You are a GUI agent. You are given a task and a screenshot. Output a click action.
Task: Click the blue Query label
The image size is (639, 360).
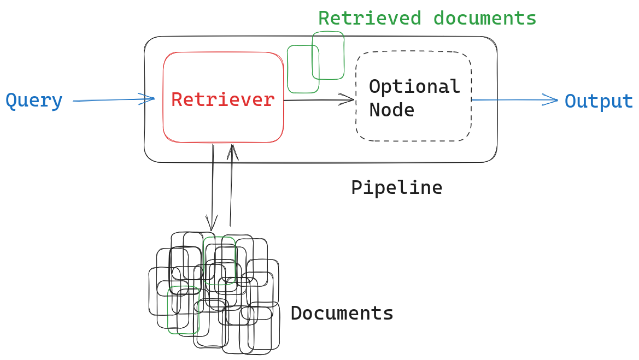[x=34, y=101]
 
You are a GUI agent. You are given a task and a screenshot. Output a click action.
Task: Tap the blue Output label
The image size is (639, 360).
[x=599, y=102]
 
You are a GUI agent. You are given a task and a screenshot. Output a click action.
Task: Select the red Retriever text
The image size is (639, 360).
[x=223, y=99]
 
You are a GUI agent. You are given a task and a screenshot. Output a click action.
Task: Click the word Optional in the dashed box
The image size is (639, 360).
[x=414, y=86]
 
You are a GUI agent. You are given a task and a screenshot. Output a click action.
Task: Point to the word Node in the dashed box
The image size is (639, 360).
[x=391, y=110]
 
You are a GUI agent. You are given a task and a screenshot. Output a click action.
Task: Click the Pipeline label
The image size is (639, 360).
[x=396, y=188]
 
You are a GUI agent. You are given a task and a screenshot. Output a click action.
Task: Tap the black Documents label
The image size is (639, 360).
[x=342, y=314]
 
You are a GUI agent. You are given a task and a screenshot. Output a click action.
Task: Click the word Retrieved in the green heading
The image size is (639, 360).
[x=370, y=19]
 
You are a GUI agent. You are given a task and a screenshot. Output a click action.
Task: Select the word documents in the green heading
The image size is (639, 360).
[x=485, y=19]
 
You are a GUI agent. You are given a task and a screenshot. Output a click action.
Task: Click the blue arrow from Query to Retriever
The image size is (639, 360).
[x=109, y=101]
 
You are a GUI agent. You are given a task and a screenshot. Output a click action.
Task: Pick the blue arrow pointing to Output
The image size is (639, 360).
[x=514, y=100]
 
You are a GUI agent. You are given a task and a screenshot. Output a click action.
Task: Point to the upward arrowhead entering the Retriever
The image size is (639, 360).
[x=233, y=150]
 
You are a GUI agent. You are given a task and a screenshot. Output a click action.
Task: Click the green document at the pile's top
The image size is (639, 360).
[x=219, y=251]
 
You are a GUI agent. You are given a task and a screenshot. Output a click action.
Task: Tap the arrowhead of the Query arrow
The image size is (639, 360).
[x=149, y=99]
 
